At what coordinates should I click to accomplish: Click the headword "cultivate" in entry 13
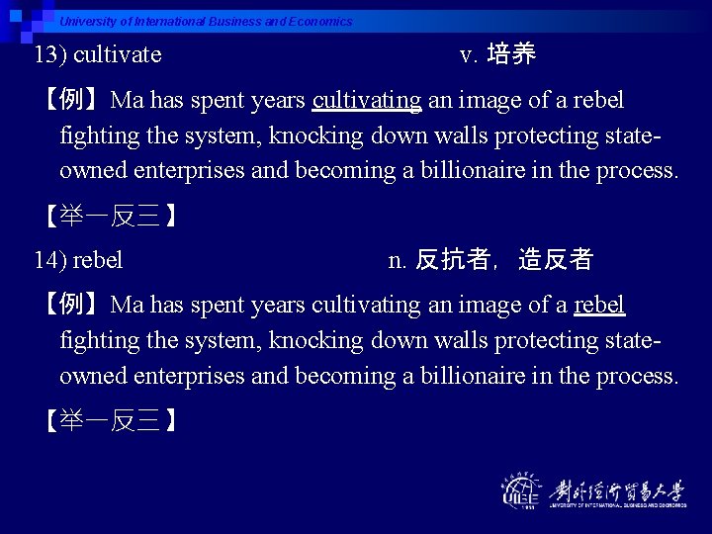pos(117,54)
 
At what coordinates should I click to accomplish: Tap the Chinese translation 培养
pos(511,54)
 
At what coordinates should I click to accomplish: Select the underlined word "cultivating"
pos(367,100)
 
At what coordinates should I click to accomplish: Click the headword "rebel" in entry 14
pos(98,260)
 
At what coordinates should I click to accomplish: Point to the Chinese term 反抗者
pos(452,260)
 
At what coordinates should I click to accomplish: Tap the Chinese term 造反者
pos(555,260)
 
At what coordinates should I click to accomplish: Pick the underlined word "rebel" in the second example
pos(599,305)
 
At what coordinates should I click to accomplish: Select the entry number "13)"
pos(50,54)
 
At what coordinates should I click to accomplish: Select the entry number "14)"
pos(50,260)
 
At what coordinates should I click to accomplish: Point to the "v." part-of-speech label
pos(470,54)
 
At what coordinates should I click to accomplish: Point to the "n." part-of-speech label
pos(398,260)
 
